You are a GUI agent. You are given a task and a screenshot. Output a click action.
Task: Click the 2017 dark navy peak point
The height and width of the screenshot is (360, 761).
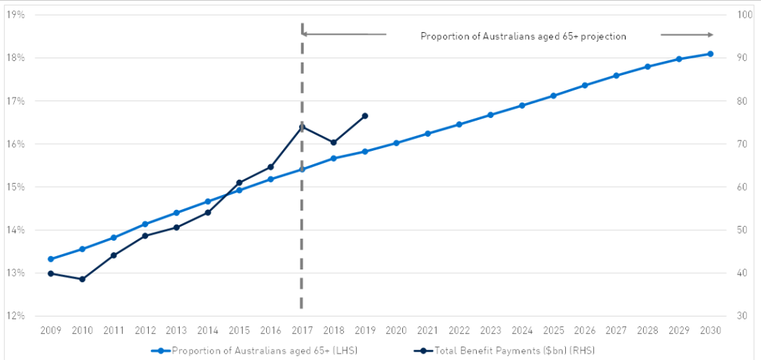[x=302, y=126]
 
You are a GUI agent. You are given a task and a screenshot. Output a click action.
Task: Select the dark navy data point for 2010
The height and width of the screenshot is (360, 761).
[x=82, y=279]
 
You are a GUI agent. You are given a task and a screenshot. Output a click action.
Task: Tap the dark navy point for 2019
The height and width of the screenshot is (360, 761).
[x=365, y=116]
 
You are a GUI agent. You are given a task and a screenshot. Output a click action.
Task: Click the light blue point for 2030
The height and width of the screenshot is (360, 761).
[x=710, y=54]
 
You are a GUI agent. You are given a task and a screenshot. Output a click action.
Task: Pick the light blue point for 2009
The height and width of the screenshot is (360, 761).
[x=51, y=259]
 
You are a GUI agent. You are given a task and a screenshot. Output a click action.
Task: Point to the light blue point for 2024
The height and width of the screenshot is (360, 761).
[x=522, y=105]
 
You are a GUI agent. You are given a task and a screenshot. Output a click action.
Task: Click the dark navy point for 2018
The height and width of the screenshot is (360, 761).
[x=333, y=142]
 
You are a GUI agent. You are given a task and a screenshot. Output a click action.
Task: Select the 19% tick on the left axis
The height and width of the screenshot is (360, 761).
[x=15, y=15]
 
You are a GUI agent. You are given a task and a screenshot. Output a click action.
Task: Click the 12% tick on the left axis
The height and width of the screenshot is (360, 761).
[x=15, y=316]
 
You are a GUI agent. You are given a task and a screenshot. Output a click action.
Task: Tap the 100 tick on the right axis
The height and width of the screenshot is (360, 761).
[x=743, y=15]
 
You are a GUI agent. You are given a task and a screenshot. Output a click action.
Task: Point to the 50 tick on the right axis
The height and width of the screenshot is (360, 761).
[x=741, y=230]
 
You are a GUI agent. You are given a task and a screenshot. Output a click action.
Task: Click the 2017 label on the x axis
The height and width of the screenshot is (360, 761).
[x=302, y=330]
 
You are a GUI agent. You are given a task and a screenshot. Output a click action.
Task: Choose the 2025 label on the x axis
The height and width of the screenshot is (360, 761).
[x=553, y=330]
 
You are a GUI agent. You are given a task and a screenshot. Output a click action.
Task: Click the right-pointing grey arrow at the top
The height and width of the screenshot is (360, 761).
[x=687, y=34]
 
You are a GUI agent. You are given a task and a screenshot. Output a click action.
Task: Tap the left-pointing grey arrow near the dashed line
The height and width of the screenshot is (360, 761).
[x=344, y=34]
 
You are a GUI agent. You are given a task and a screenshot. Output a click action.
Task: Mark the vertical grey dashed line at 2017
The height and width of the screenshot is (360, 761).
[x=302, y=211]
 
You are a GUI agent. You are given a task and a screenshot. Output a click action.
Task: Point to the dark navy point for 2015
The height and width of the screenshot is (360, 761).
[x=239, y=182]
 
